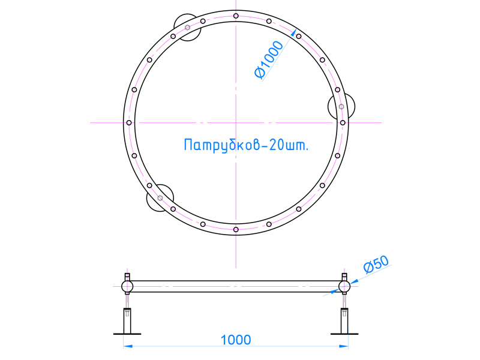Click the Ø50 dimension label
pyautogui.click(x=377, y=265)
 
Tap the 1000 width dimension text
pyautogui.click(x=236, y=340)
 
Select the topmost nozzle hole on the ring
pyautogui.click(x=236, y=16)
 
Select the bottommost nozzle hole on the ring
pyautogui.click(x=236, y=229)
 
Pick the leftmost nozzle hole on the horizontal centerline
pyautogui.click(x=129, y=122)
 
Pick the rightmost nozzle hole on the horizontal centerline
pyautogui.click(x=343, y=122)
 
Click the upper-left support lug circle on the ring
pyautogui.click(x=187, y=28)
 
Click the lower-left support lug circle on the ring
pyautogui.click(x=160, y=198)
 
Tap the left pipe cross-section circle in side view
pyautogui.click(x=127, y=286)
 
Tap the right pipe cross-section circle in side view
pyautogui.click(x=344, y=286)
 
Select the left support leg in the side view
pyautogui.click(x=127, y=321)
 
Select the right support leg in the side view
pyautogui.click(x=344, y=321)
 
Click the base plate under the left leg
pyautogui.click(x=127, y=334)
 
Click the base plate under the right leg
pyautogui.click(x=344, y=334)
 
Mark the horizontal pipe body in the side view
pyautogui.click(x=236, y=286)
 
